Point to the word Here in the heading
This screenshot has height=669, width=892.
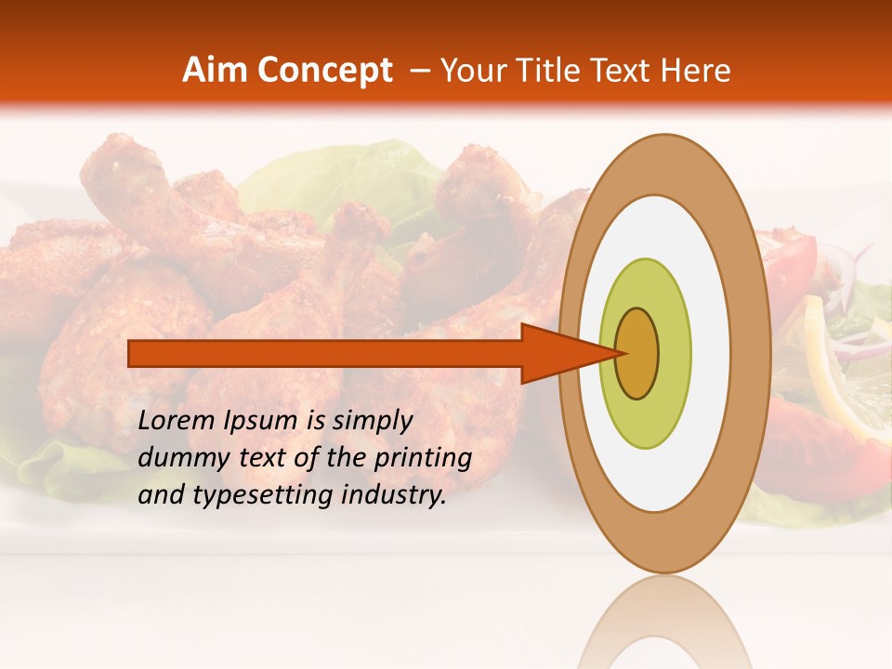click(695, 71)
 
